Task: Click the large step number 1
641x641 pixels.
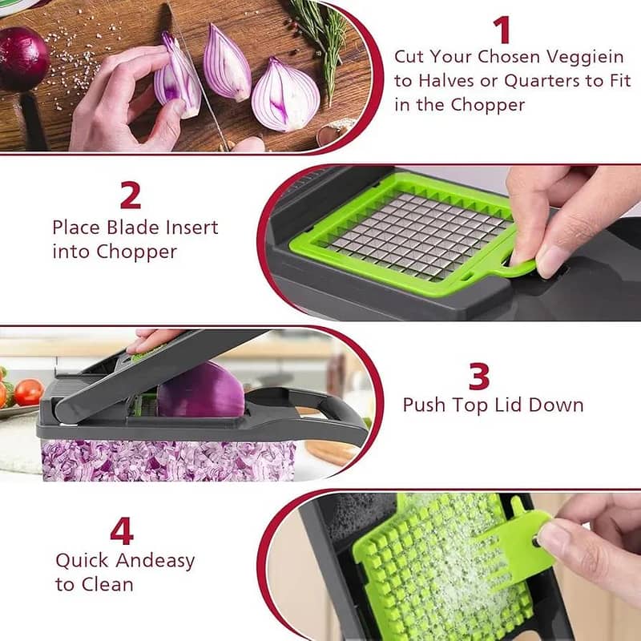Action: pyautogui.click(x=502, y=30)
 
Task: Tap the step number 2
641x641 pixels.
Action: pyautogui.click(x=130, y=195)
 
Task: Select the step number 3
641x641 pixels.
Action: pyautogui.click(x=479, y=377)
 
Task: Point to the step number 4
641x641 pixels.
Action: pyautogui.click(x=121, y=530)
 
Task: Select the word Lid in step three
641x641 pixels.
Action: pyautogui.click(x=511, y=405)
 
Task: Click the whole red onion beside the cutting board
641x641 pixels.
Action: pyautogui.click(x=22, y=58)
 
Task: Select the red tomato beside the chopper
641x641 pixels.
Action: pyautogui.click(x=28, y=392)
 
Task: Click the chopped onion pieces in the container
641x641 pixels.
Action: pyautogui.click(x=160, y=461)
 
